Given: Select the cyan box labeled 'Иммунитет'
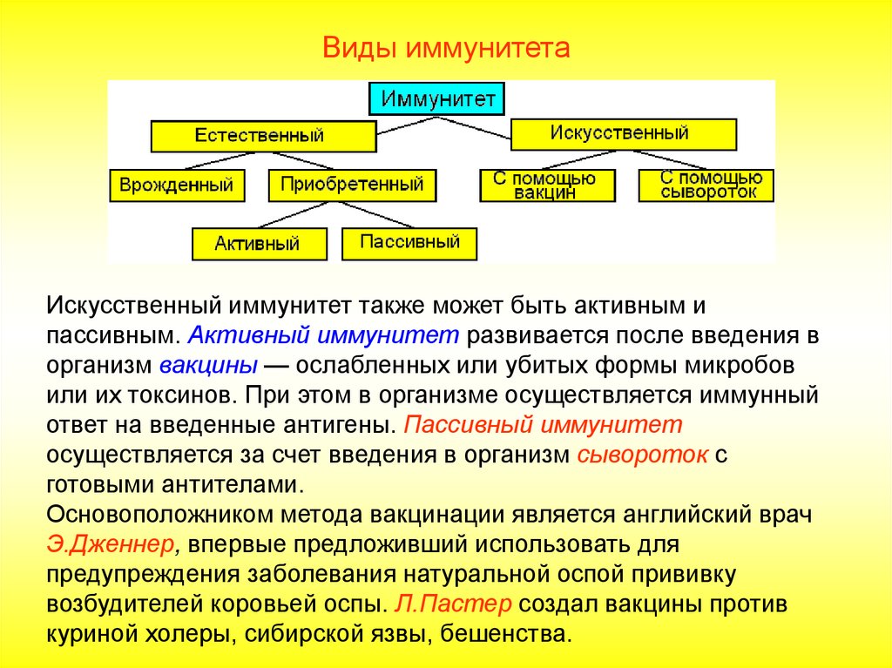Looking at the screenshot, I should click(x=437, y=98).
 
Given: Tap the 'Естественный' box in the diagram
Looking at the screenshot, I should click(x=263, y=136).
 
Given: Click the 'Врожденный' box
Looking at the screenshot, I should click(x=177, y=186).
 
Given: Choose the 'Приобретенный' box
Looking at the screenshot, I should click(x=352, y=186).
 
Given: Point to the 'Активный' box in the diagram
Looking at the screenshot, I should click(x=259, y=243).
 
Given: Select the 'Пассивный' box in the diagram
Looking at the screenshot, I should click(x=409, y=243).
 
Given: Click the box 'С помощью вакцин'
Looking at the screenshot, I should click(x=547, y=186).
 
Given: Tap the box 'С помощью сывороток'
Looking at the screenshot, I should click(x=706, y=186).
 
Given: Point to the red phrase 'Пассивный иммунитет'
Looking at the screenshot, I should click(x=544, y=425).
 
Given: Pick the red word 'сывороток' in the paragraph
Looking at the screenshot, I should click(x=641, y=455).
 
